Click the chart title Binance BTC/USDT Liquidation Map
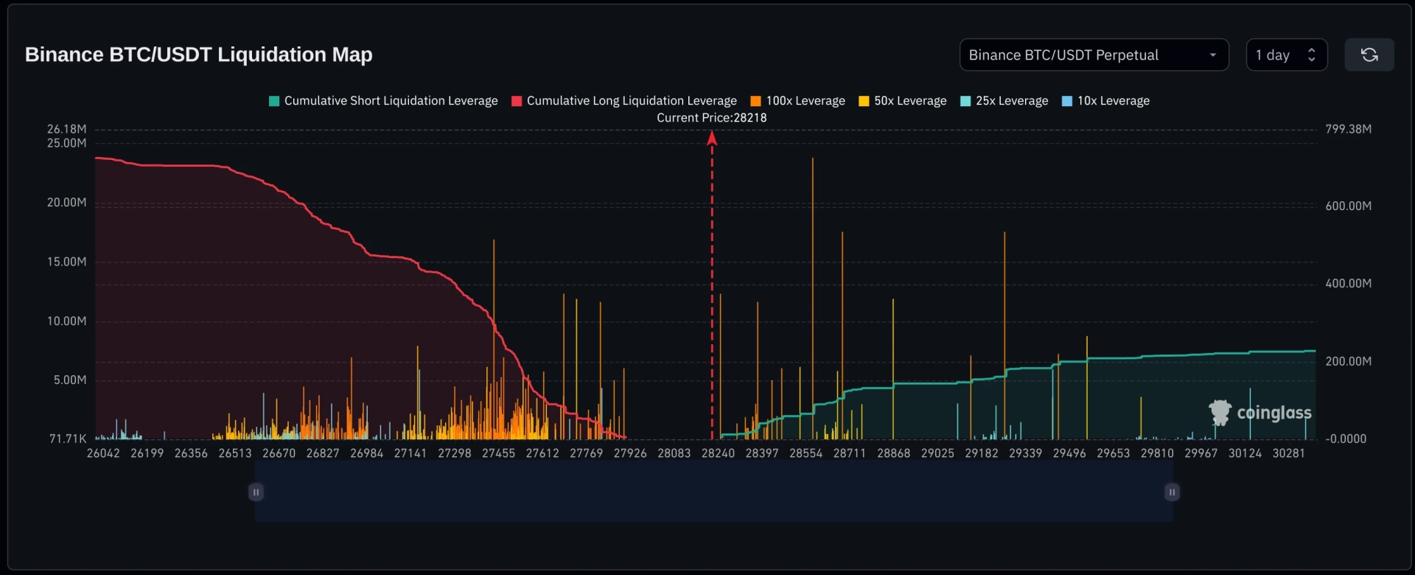(x=198, y=55)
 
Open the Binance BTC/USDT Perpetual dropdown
(x=1094, y=55)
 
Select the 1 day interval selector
(x=1286, y=55)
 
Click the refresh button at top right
(x=1369, y=55)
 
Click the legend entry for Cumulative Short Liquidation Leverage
(x=383, y=101)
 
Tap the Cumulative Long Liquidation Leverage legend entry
(x=624, y=101)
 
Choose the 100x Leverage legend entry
(x=797, y=101)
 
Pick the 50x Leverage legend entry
(x=903, y=101)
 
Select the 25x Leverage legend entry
(x=1005, y=101)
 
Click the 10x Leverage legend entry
(x=1105, y=101)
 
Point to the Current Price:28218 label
(x=712, y=118)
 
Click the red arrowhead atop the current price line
(x=712, y=138)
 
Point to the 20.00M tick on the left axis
(x=66, y=203)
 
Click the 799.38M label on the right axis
(x=1348, y=129)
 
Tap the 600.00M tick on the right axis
(x=1348, y=206)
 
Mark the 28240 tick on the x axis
(x=718, y=453)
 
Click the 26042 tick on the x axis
(x=103, y=453)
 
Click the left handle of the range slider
(x=256, y=492)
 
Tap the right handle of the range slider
(x=1172, y=492)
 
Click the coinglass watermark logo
(x=1260, y=413)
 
